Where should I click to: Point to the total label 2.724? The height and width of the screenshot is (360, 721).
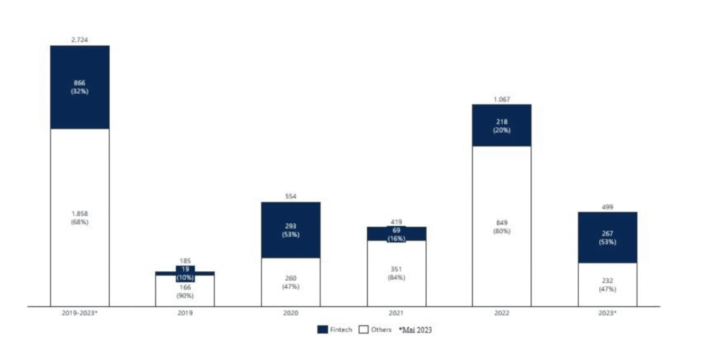(80, 41)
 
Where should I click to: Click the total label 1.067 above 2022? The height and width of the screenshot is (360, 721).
(501, 100)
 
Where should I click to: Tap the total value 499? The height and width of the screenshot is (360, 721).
(607, 206)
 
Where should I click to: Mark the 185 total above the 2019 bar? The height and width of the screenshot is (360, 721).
(185, 261)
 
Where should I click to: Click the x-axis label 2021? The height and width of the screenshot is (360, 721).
(396, 312)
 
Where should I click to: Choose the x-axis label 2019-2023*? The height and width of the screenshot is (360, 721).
(80, 312)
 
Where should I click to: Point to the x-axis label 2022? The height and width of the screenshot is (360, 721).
(501, 312)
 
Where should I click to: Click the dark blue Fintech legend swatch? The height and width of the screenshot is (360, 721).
(322, 330)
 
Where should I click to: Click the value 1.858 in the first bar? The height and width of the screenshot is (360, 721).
(80, 213)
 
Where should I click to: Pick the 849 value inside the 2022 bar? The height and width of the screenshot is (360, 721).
(501, 223)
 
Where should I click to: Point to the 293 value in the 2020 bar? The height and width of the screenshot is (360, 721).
(291, 226)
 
